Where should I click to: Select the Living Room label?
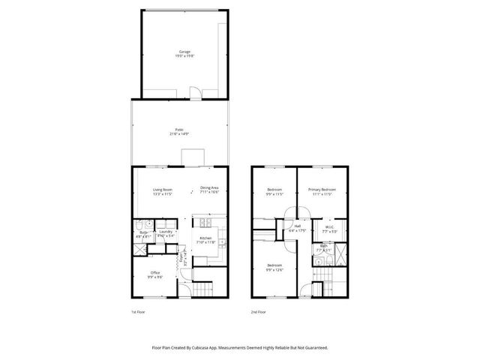pyautogui.click(x=163, y=190)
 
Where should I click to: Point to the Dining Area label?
pyautogui.click(x=209, y=190)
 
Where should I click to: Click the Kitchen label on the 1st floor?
pyautogui.click(x=205, y=240)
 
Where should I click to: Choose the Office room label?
pyautogui.click(x=155, y=274)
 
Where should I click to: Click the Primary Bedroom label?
pyautogui.click(x=322, y=190)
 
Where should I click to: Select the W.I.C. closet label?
pyautogui.click(x=329, y=227)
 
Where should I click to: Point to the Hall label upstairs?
pyautogui.click(x=297, y=228)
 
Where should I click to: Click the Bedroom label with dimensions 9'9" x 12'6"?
pyautogui.click(x=274, y=266)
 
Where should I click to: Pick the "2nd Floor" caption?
pyautogui.click(x=259, y=311)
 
